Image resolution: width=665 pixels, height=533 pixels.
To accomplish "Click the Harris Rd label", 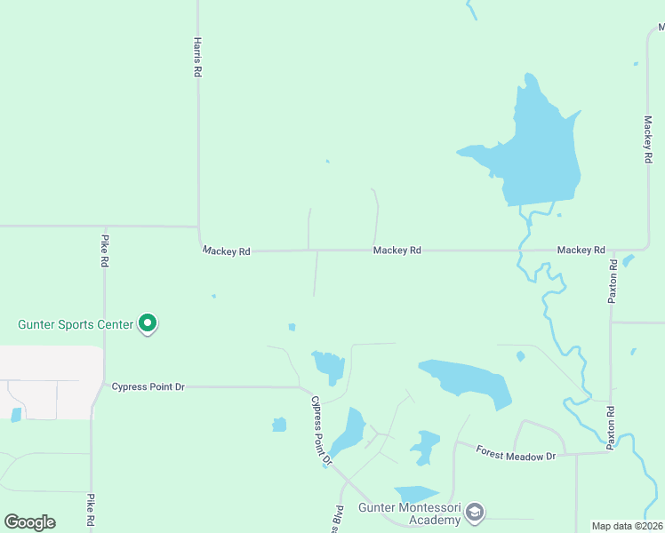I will click(x=196, y=57).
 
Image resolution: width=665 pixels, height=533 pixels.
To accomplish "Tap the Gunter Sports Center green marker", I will click(x=148, y=325).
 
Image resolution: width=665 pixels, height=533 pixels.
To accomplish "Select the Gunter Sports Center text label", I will click(x=76, y=324).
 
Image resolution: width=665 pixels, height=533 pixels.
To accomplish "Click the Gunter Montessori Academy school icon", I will click(x=476, y=512).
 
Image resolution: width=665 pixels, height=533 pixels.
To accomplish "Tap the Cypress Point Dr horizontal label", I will click(x=148, y=386).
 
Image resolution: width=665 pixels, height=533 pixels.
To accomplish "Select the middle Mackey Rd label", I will click(x=397, y=251).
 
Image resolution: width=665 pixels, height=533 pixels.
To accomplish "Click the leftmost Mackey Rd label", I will click(x=226, y=251).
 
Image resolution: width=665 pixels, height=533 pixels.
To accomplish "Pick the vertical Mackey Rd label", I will click(x=648, y=138).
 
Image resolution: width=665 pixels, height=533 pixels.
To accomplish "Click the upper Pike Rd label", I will click(x=104, y=251).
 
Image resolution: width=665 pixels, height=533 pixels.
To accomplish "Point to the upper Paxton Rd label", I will click(x=612, y=282).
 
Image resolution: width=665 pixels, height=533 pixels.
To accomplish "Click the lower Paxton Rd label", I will click(x=611, y=428).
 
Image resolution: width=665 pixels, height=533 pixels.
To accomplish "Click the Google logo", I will click(x=29, y=522).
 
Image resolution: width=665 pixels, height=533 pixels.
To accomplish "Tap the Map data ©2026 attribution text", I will click(x=628, y=526).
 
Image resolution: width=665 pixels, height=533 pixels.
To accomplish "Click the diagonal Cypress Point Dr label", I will click(x=320, y=431).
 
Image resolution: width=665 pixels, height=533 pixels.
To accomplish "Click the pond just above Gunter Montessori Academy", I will click(x=416, y=494).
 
